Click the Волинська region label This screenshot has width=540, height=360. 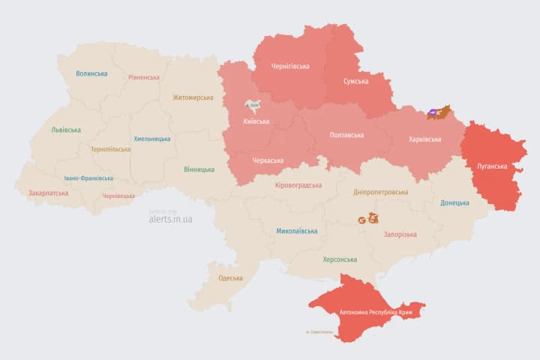click(x=91, y=73)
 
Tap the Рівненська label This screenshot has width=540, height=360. click(x=144, y=77)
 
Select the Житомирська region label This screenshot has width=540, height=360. click(x=193, y=97)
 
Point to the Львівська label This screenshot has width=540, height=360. click(x=66, y=130)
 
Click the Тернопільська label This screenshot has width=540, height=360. click(x=110, y=149)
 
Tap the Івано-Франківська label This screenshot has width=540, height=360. click(x=88, y=178)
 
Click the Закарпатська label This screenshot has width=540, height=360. click(x=48, y=193)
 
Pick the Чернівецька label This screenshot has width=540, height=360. click(x=118, y=196)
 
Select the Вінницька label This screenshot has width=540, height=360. click(x=199, y=169)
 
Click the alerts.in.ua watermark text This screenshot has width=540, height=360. click(x=170, y=219)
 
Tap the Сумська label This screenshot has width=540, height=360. click(x=355, y=81)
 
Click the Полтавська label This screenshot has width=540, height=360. click(x=346, y=135)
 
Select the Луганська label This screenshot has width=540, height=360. click(x=492, y=166)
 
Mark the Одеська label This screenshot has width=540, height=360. click(x=230, y=278)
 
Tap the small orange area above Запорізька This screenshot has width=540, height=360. click(x=369, y=219)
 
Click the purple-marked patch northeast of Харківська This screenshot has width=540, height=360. click(x=436, y=113)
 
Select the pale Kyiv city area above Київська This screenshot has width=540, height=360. click(x=253, y=107)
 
